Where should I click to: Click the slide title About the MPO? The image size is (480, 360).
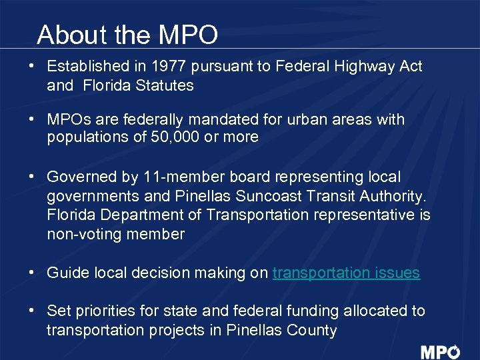pos(127,35)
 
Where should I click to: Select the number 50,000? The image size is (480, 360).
pos(146,137)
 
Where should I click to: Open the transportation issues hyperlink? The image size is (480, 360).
pos(346,273)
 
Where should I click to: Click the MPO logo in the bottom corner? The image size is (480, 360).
pos(440,352)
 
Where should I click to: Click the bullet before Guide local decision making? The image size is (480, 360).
pos(32,273)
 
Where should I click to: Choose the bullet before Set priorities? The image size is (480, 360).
pos(32,311)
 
